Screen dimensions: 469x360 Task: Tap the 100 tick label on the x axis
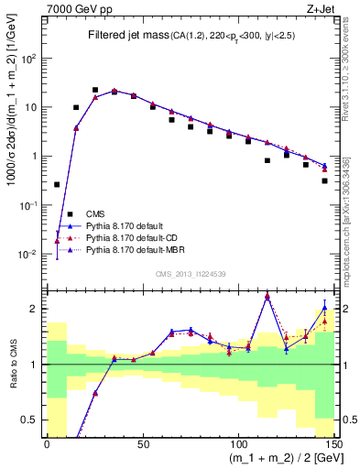click(238, 446)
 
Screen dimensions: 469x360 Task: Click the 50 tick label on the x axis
click(142, 446)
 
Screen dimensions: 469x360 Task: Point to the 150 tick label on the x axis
click(333, 446)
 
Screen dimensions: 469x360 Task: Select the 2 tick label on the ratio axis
click(34, 309)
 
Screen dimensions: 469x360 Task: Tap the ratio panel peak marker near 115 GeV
click(267, 296)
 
